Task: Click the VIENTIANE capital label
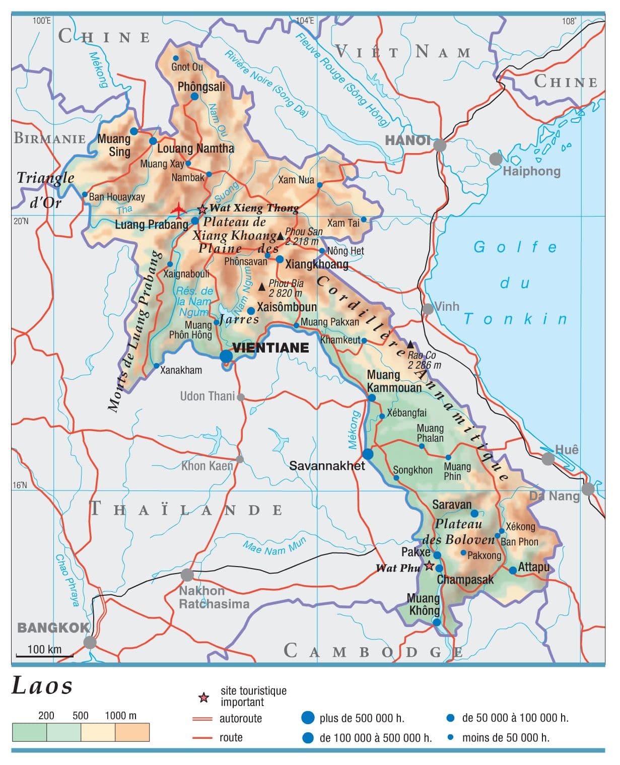point(270,348)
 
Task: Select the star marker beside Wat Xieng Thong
point(202,209)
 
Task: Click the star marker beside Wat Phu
point(429,566)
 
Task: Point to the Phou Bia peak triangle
point(262,287)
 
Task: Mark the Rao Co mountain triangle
point(410,344)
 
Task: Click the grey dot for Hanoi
point(440,145)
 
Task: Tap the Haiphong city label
point(531,171)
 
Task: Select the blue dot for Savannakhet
point(368,454)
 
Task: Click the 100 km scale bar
point(44,655)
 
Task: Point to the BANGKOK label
point(53,628)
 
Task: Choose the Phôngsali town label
point(201,87)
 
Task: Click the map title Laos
point(42,686)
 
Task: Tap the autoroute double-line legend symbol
point(202,719)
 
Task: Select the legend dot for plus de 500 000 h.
point(308,718)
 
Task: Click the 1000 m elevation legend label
point(120,716)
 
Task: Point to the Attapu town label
point(533,567)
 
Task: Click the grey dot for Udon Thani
point(241,397)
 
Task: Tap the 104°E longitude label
point(305,21)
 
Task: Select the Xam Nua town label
point(296,180)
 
